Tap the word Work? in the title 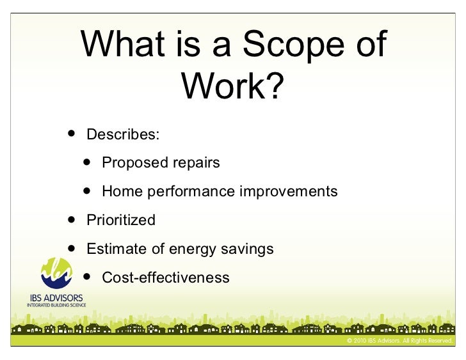pyautogui.click(x=232, y=86)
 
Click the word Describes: pyautogui.click(x=124, y=135)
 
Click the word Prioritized pyautogui.click(x=121, y=220)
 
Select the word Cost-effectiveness pyautogui.click(x=165, y=278)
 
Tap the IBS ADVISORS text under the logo pyautogui.click(x=56, y=299)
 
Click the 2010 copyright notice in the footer pyautogui.click(x=399, y=341)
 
